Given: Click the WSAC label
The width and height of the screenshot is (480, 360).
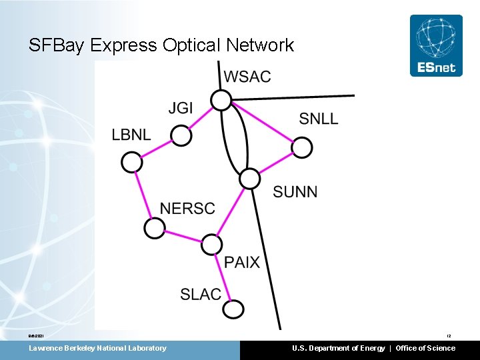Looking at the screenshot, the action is (247, 77).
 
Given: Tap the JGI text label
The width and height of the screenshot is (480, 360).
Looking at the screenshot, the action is (181, 108).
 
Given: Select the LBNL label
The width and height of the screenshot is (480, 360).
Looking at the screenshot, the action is (131, 135).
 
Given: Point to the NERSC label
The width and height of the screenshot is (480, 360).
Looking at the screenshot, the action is (187, 209).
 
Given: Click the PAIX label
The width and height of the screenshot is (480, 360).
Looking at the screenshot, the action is (242, 262).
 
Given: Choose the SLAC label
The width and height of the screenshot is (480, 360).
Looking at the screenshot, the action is (201, 294).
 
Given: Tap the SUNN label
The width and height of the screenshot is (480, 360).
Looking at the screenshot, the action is (295, 192).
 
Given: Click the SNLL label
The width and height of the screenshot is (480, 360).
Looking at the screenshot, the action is (319, 119).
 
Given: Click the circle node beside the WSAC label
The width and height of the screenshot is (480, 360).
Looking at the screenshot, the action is (221, 101).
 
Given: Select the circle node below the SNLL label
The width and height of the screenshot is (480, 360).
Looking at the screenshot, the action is (302, 148).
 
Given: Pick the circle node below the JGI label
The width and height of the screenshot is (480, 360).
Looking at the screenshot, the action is (181, 136).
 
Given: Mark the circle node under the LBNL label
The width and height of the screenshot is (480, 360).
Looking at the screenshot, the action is (132, 162).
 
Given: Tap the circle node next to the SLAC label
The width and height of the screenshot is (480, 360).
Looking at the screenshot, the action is (233, 309).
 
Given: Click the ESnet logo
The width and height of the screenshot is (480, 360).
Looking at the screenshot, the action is (436, 45).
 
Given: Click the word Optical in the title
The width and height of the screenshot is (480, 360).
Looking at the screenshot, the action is (190, 45).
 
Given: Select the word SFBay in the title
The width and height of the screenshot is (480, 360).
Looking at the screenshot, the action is (57, 45).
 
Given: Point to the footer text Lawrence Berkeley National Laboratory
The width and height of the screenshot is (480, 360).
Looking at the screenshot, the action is (97, 348).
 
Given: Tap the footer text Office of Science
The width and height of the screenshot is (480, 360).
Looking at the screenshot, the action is (425, 348).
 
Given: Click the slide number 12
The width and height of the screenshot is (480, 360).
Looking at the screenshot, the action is (449, 336).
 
